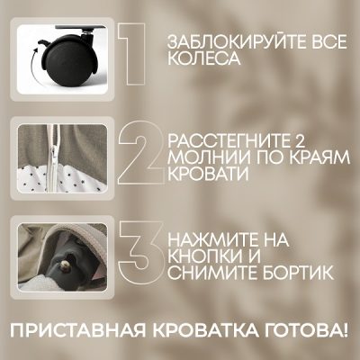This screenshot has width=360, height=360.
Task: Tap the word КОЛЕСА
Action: point(203,58)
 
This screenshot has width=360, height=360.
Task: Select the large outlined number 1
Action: point(131,54)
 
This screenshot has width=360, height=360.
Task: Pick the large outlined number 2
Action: point(141,152)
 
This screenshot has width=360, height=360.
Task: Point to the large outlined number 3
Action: point(140,250)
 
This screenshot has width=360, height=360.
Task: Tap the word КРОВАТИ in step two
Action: point(208,175)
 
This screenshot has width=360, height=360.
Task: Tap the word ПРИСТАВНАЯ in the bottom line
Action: point(78,329)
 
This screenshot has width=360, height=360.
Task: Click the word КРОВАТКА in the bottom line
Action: point(204,329)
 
